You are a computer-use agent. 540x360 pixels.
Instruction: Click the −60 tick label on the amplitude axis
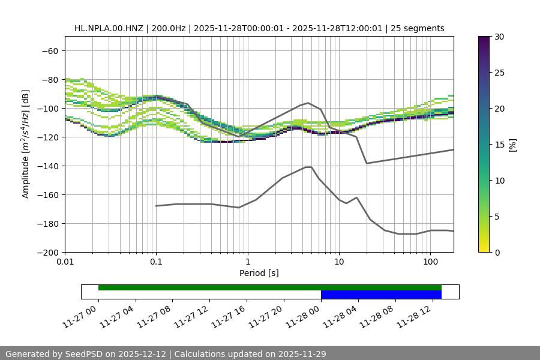click(x=49, y=50)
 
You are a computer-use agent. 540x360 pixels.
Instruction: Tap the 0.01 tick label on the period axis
click(x=65, y=262)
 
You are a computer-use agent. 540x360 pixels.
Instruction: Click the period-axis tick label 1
click(x=247, y=262)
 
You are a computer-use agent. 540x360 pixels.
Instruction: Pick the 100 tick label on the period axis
click(x=430, y=262)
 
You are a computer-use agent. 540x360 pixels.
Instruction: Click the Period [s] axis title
click(x=259, y=273)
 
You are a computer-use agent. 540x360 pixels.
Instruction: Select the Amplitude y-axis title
click(x=26, y=144)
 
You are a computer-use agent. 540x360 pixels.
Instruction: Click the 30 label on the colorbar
click(x=499, y=37)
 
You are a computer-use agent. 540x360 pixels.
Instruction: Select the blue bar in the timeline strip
click(x=381, y=295)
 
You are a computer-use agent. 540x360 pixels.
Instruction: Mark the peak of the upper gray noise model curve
click(x=308, y=103)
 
